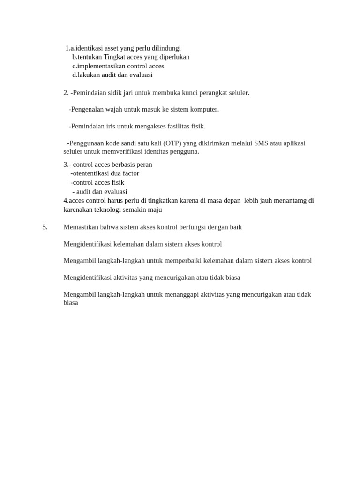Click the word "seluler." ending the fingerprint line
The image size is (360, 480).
click(238, 93)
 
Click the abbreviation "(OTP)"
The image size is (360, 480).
click(172, 143)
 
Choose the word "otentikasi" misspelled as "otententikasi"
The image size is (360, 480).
click(90, 173)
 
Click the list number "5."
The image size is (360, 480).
click(45, 227)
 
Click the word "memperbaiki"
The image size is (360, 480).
click(186, 261)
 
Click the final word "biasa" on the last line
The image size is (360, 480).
click(71, 303)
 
